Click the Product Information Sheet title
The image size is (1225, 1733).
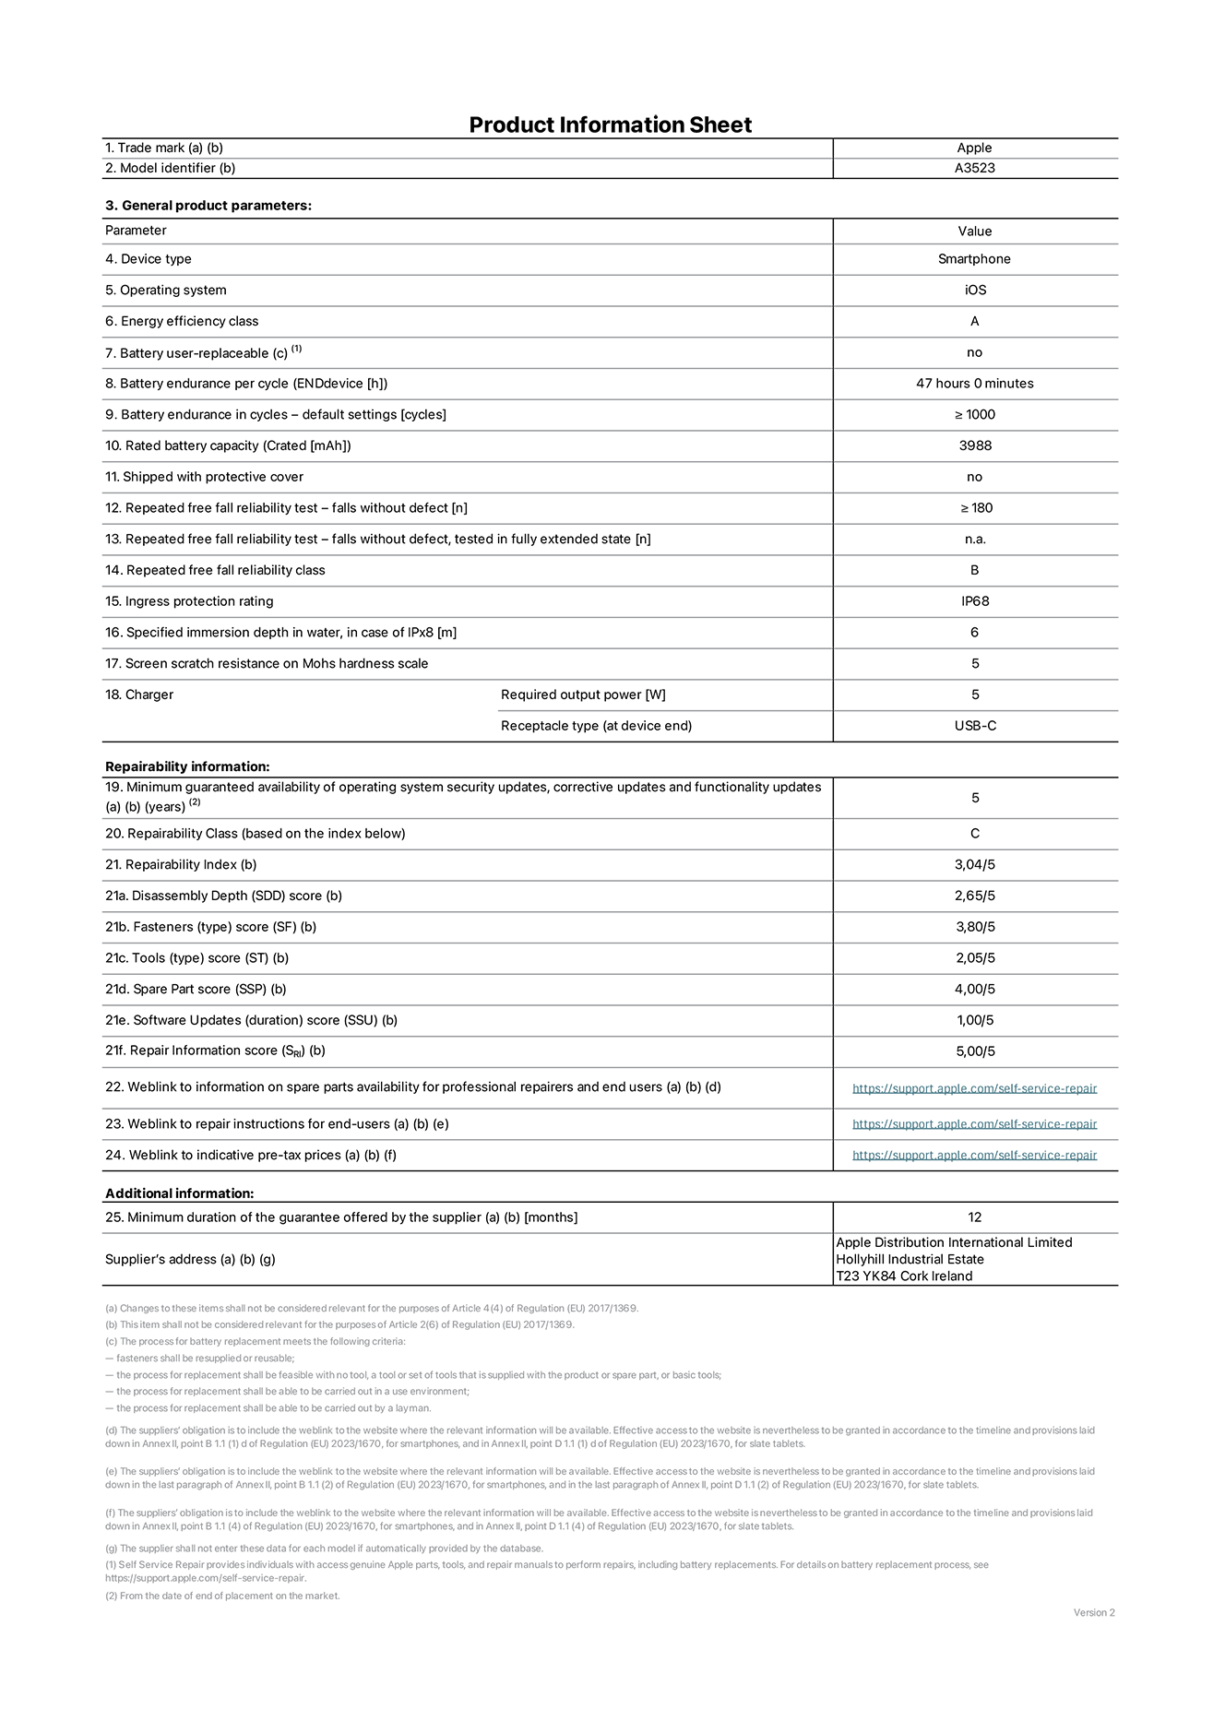pyautogui.click(x=610, y=125)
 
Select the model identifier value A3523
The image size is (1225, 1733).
pyautogui.click(x=974, y=168)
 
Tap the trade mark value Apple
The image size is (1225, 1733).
pyautogui.click(x=974, y=148)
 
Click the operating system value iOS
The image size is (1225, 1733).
pyautogui.click(x=975, y=290)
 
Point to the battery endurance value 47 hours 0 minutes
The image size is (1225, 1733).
pyautogui.click(x=974, y=383)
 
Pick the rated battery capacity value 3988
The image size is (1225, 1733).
pyautogui.click(x=975, y=445)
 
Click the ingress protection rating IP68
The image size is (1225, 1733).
pyautogui.click(x=975, y=601)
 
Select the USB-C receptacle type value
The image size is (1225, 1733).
pyautogui.click(x=975, y=726)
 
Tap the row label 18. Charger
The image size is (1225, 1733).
pyautogui.click(x=139, y=694)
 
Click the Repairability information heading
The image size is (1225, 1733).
pyautogui.click(x=187, y=766)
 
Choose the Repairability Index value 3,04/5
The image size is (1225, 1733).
pyautogui.click(x=975, y=864)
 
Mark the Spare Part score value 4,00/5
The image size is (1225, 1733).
pyautogui.click(x=975, y=989)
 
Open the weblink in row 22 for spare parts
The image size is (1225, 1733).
pyautogui.click(x=974, y=1088)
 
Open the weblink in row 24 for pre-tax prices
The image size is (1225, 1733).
pyautogui.click(x=974, y=1155)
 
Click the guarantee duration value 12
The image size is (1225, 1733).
pyautogui.click(x=975, y=1217)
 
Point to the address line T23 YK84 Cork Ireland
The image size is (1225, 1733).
pyautogui.click(x=904, y=1276)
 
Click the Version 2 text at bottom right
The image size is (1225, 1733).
pyautogui.click(x=1093, y=1612)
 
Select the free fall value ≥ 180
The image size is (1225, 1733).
pyautogui.click(x=975, y=507)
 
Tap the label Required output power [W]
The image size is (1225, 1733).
pyautogui.click(x=583, y=694)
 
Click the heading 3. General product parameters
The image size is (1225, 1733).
pyautogui.click(x=208, y=205)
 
